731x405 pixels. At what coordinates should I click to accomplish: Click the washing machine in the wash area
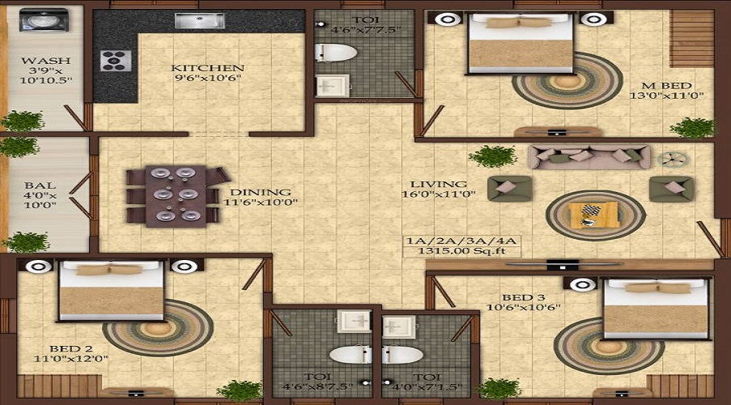[36, 19]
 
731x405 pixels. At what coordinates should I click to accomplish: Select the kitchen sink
[199, 20]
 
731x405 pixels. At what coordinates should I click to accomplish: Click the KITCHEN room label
[207, 68]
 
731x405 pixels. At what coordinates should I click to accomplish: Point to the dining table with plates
[174, 194]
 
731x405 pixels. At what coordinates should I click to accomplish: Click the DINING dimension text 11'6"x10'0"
[257, 202]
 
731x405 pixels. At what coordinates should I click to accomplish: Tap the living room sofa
[589, 156]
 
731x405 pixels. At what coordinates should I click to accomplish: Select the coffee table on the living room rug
[595, 215]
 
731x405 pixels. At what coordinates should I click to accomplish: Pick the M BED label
[667, 84]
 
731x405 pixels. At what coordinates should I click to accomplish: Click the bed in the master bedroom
[521, 43]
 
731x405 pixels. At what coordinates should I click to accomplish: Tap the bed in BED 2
[111, 291]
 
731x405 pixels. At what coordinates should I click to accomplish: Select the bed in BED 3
[657, 309]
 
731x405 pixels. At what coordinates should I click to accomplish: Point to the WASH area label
[45, 61]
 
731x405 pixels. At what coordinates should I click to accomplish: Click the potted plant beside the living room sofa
[492, 156]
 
